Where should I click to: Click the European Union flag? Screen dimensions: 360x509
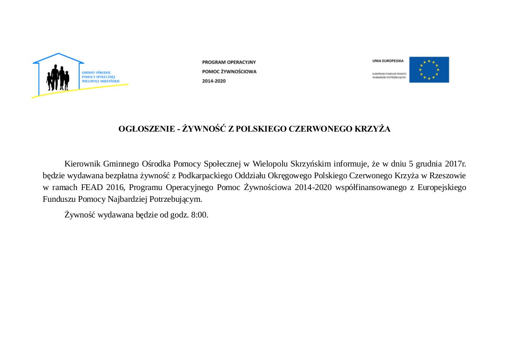pos(429,70)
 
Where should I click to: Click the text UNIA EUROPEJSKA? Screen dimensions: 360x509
pos(388,61)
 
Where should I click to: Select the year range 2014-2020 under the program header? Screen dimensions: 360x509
pos(214,81)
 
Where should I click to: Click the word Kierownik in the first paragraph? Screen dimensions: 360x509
pos(83,164)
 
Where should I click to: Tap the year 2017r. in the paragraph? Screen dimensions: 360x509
pos(455,164)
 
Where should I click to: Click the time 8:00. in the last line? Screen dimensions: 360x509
pos(199,215)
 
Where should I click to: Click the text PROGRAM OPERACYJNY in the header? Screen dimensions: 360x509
pos(229,62)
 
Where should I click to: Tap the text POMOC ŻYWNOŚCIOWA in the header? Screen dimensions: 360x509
pos(229,71)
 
